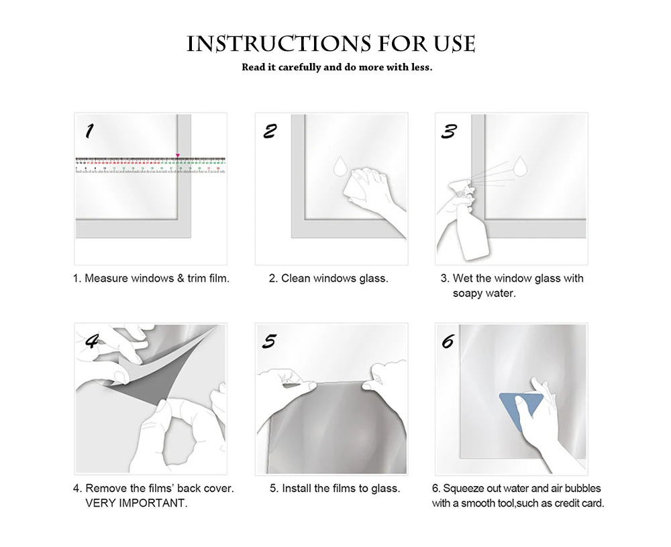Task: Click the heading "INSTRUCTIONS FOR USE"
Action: [x=331, y=44]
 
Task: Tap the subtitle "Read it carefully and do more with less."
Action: [x=337, y=67]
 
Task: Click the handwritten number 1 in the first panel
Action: [x=89, y=131]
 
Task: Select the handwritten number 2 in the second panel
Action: [x=270, y=131]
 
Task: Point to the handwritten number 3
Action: [x=449, y=131]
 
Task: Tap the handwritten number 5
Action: [x=270, y=341]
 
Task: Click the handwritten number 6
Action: [x=448, y=342]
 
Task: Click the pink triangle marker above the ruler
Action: [x=178, y=156]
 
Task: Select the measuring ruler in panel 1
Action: [x=150, y=165]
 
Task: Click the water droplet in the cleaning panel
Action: [x=341, y=166]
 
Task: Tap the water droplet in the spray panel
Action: [x=521, y=166]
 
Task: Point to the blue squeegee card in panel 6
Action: [x=518, y=408]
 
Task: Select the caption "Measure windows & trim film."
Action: [x=156, y=278]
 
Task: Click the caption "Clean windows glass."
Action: [x=335, y=278]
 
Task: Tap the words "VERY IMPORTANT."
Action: [x=136, y=503]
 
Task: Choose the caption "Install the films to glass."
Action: [x=341, y=489]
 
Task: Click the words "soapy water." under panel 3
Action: [x=484, y=294]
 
